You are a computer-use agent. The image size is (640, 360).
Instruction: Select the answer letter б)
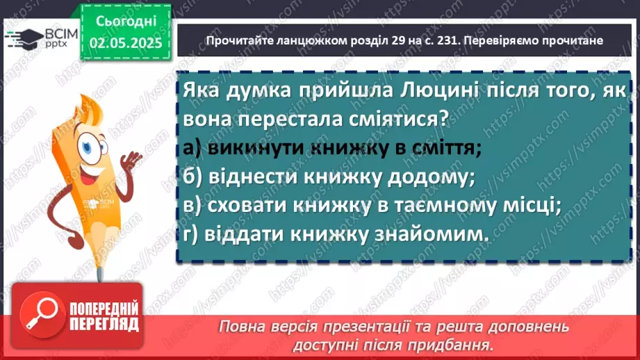point(195,177)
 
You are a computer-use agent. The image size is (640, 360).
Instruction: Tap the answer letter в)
point(194,206)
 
